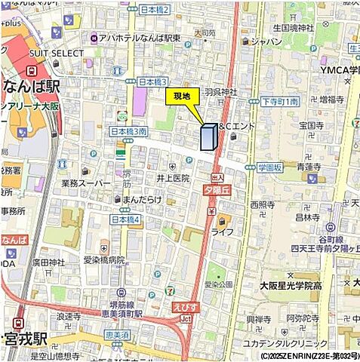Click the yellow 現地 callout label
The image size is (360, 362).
182,96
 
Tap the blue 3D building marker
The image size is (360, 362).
208,137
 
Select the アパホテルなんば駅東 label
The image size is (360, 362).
135,38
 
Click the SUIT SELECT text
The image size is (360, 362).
56,54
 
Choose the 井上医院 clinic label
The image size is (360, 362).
173,178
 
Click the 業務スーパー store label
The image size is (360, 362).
85,183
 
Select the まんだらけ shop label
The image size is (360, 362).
143,198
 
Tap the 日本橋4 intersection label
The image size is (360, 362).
126,219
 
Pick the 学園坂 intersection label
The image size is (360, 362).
269,166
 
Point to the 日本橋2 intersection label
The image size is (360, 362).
155,9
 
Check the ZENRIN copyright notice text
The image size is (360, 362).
309,355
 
